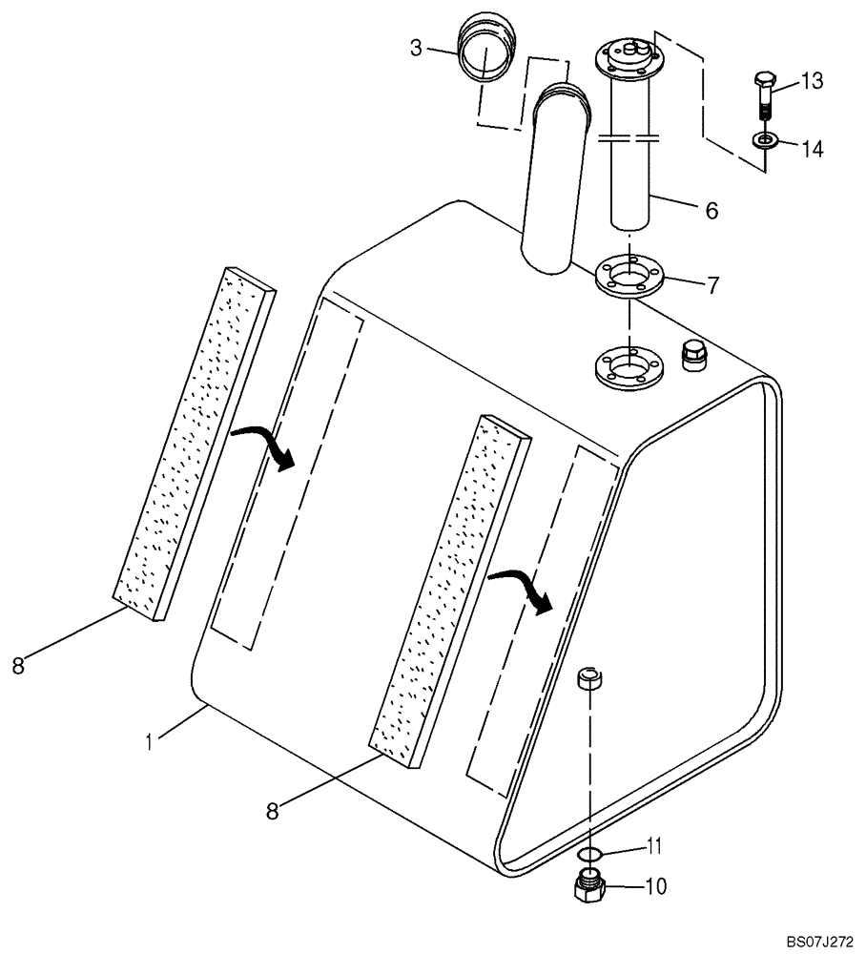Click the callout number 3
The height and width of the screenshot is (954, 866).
point(416,47)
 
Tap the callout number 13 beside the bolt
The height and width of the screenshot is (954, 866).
point(811,82)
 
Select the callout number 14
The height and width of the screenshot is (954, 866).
point(811,149)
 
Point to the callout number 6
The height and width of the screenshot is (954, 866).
point(711,211)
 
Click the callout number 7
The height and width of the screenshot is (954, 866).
point(711,285)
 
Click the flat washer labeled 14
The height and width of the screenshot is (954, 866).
point(765,141)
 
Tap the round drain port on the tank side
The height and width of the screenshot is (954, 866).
point(590,680)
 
